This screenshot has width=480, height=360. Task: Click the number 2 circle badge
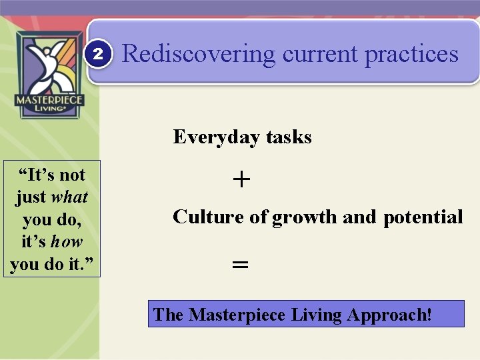click(98, 54)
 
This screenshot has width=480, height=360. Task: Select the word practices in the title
click(411, 53)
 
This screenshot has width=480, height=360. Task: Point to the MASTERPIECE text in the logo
click(49, 100)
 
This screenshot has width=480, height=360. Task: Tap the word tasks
click(289, 137)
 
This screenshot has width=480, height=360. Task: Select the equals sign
click(240, 264)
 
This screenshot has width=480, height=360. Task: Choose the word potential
click(423, 217)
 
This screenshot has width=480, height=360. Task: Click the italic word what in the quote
click(69, 197)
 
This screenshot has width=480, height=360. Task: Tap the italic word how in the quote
click(67, 241)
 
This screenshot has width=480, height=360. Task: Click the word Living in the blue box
click(316, 314)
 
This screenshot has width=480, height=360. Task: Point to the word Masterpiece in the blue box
click(237, 314)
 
